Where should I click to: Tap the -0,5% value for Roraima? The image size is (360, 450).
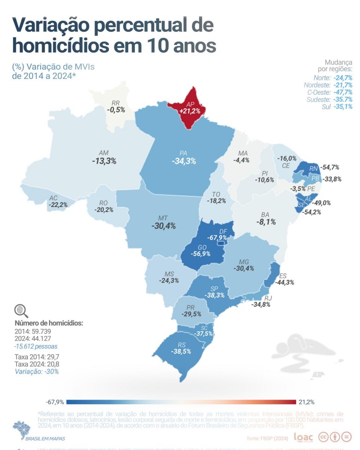tap(116, 110)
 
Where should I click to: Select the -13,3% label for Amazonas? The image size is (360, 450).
tap(104, 161)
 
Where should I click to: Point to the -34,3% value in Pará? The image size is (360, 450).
tap(184, 161)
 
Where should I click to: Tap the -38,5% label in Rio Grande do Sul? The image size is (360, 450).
tap(181, 351)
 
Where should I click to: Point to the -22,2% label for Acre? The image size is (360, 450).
tap(58, 205)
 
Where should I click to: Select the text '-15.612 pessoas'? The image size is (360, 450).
tap(36, 346)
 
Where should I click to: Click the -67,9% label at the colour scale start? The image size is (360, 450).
tap(54, 402)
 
